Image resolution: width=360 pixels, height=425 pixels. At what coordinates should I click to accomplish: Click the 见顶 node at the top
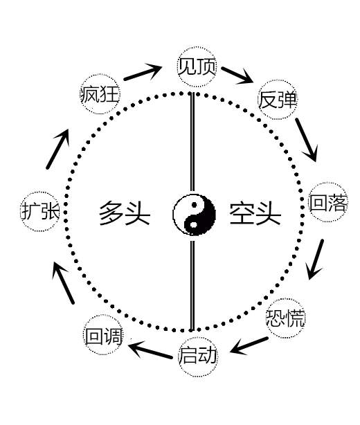(x=197, y=66)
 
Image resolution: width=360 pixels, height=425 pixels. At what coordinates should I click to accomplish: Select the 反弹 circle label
(x=277, y=100)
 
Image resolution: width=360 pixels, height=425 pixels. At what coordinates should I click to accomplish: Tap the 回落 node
(x=328, y=203)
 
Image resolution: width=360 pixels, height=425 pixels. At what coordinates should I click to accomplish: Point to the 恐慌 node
(x=285, y=318)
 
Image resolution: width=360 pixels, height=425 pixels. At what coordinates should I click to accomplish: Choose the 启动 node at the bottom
(x=198, y=356)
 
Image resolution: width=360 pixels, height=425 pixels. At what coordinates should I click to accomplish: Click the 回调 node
(x=103, y=335)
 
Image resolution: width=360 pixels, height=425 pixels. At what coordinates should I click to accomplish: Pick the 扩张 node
(x=40, y=211)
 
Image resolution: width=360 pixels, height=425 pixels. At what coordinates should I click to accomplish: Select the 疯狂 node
(x=100, y=93)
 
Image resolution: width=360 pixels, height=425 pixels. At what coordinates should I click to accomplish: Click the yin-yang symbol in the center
(x=194, y=215)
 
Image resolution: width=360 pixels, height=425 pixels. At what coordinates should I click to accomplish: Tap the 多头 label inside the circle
(x=125, y=213)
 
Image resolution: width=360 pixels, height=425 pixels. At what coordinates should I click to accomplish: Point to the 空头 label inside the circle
(x=255, y=213)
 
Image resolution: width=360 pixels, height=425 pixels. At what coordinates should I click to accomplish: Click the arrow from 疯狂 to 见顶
(x=143, y=72)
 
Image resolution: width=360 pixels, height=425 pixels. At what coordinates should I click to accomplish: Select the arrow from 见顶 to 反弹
(x=237, y=75)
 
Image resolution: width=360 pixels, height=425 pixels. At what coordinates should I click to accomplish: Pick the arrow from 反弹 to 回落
(x=306, y=140)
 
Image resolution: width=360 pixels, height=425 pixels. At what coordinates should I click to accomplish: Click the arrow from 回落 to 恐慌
(x=315, y=260)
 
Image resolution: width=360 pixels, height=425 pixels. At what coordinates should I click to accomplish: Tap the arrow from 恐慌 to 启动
(x=249, y=346)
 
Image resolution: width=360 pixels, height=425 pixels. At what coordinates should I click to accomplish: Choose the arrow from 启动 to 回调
(x=150, y=350)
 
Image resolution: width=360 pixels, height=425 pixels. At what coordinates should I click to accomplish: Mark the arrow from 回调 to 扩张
(x=63, y=282)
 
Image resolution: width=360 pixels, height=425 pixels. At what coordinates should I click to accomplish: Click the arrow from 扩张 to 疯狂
(x=57, y=149)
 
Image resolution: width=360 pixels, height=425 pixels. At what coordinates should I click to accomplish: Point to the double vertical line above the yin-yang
(x=192, y=142)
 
